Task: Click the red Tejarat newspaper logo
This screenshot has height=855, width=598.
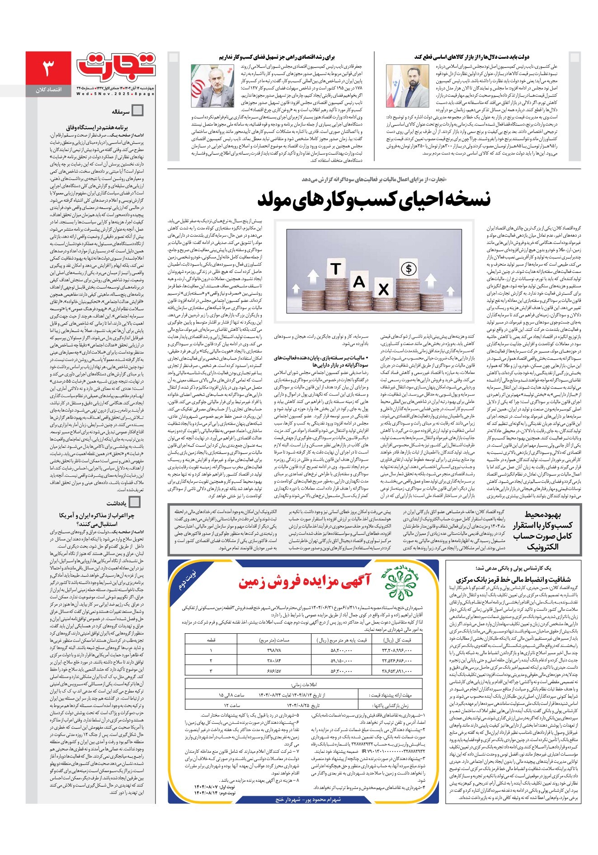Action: [116, 67]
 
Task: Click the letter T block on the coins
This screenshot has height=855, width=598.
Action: [336, 269]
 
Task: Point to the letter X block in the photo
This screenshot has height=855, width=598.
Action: [383, 289]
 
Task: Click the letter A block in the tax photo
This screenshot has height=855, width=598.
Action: [359, 281]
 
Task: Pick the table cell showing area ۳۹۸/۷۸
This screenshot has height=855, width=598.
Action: [274, 650]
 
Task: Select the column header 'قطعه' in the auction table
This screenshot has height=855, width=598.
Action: [211, 640]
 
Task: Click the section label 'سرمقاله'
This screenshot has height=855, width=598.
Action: [121, 111]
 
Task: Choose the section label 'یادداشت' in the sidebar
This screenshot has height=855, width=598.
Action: [117, 503]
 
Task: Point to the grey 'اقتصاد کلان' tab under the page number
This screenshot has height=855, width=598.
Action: [48, 90]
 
